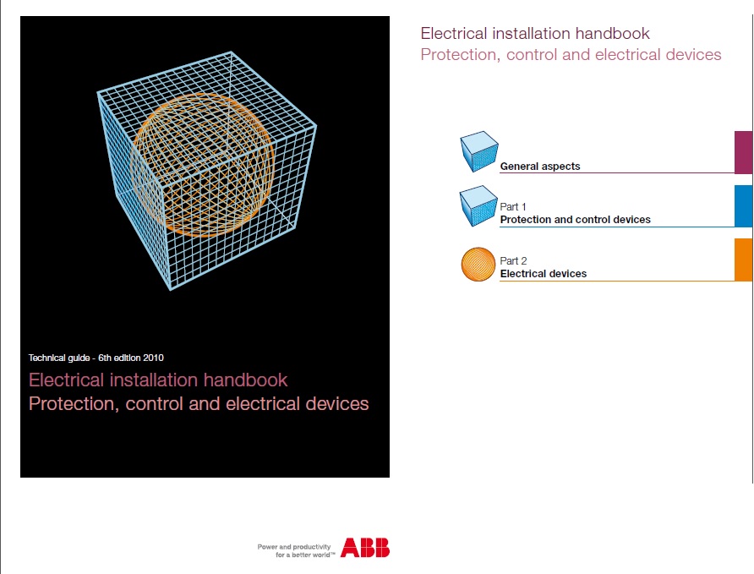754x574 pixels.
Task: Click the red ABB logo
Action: [x=365, y=548]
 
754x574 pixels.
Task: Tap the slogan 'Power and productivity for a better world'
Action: [x=297, y=550]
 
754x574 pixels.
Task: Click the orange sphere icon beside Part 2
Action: [x=478, y=263]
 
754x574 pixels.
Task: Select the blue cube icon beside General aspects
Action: [x=478, y=152]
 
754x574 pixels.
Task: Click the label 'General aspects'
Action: [x=539, y=167]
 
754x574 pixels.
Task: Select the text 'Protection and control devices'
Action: [x=575, y=220]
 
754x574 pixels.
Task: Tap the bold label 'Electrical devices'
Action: [x=543, y=274]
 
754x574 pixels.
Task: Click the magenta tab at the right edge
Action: [x=743, y=152]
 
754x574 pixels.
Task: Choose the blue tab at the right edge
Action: [x=743, y=206]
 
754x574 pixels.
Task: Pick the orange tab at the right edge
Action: [x=743, y=260]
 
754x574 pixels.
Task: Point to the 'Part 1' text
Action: [x=513, y=207]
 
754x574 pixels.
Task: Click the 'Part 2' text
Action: [x=513, y=261]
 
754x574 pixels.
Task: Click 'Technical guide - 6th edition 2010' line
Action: [x=102, y=358]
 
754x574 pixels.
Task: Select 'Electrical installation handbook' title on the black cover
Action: [x=158, y=380]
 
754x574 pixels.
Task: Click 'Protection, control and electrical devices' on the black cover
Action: [x=199, y=403]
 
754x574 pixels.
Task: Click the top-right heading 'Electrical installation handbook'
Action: [x=535, y=34]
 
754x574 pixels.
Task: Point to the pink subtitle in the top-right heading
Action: [x=571, y=55]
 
